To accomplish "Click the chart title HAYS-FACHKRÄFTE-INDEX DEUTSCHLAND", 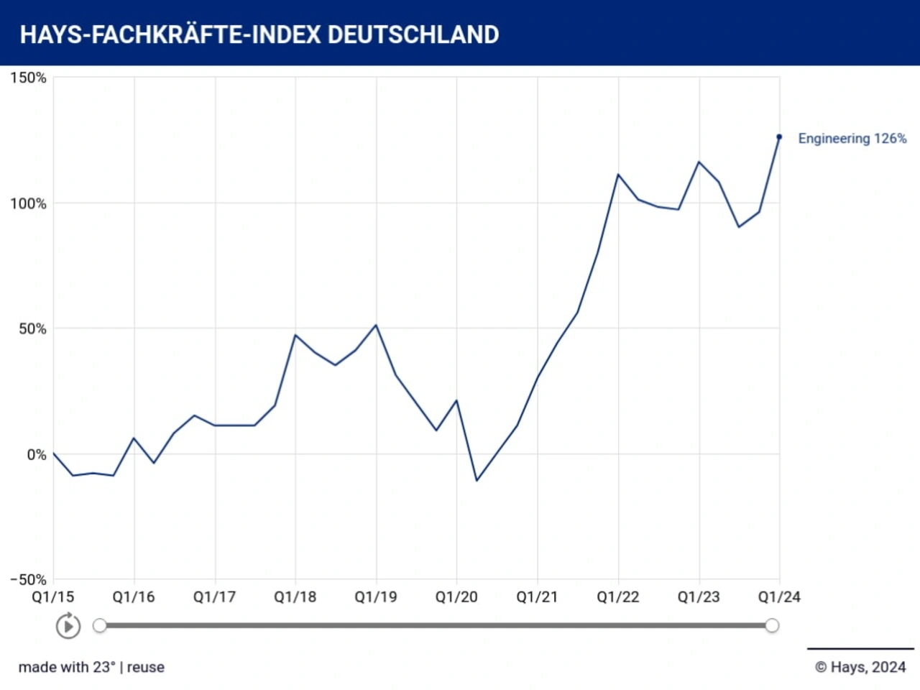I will (x=259, y=34).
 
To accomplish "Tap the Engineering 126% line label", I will (x=852, y=139).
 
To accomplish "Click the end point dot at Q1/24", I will (x=779, y=137).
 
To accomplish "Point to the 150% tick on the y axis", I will (x=28, y=78).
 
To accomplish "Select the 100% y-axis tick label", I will (x=28, y=203).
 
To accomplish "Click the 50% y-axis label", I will (x=32, y=329).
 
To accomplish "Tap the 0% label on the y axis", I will (x=37, y=455).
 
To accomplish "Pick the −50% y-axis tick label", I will (x=28, y=579).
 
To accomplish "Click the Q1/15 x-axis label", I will (x=52, y=597).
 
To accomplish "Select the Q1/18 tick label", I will (x=295, y=597).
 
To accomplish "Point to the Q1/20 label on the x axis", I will (x=456, y=597).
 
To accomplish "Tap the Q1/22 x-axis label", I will (x=618, y=597).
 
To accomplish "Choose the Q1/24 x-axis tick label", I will (x=779, y=597).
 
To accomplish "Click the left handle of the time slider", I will (x=100, y=625).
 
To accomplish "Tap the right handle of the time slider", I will (x=772, y=625).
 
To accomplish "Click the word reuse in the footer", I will (x=146, y=667).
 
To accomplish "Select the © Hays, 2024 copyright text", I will (x=860, y=667).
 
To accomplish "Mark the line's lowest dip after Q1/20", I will (x=477, y=480).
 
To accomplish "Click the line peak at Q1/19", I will (x=376, y=326).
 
